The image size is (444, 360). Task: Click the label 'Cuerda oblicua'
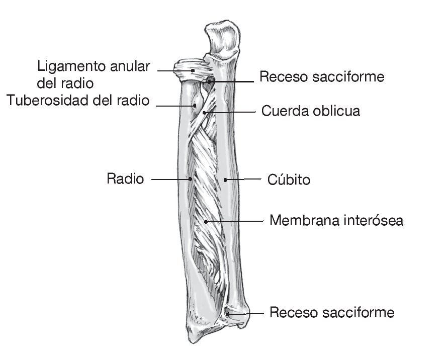pos(310,111)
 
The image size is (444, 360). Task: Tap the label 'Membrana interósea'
pos(336,220)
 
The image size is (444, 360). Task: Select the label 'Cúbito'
pos(289,179)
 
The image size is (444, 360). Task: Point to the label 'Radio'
pos(125,178)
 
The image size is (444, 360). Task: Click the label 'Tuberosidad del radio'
pos(78,101)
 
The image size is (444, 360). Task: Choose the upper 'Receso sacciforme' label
pos(322,76)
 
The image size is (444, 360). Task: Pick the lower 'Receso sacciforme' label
pos(332,312)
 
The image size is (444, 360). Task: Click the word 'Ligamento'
pos(70,66)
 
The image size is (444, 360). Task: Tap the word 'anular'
pos(127,66)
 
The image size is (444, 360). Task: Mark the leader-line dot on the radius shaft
pos(191,178)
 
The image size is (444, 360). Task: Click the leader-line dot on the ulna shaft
pos(226,179)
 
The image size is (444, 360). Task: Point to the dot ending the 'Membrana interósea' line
pos(206,221)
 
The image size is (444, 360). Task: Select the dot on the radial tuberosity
pos(195,105)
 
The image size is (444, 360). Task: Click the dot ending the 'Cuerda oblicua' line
pos(204,113)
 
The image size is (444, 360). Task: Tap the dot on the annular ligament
pos(192,71)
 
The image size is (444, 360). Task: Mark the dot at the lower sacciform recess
pos(228,314)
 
